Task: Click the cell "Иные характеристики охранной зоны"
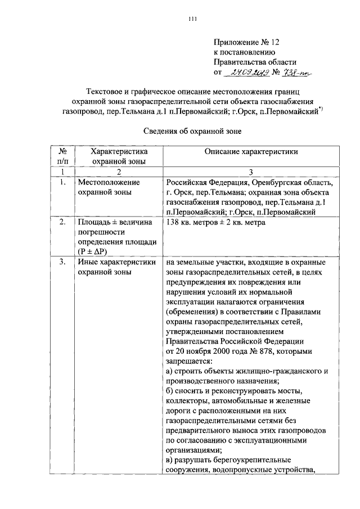(x=116, y=267)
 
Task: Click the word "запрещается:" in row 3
(x=188, y=361)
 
